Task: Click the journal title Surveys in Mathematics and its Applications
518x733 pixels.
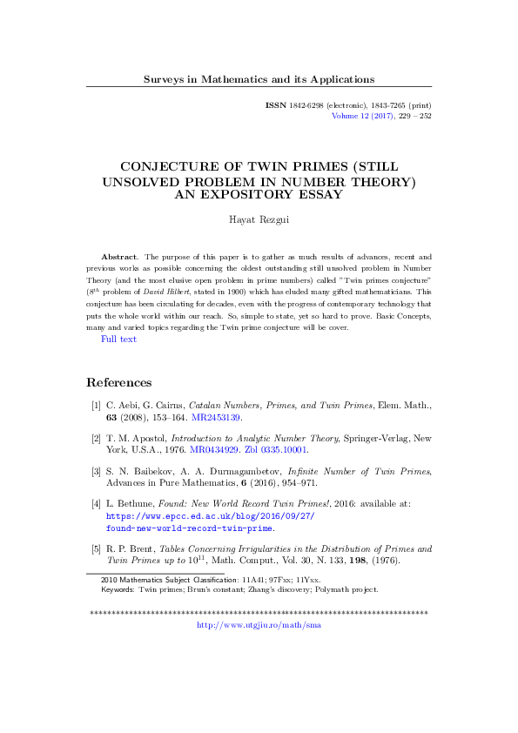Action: point(259,79)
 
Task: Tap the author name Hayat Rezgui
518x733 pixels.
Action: point(259,222)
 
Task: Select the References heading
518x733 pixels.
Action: point(118,382)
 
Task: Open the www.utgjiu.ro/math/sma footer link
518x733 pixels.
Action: point(259,625)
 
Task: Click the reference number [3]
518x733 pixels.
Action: point(95,471)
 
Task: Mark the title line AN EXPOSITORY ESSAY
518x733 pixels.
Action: point(259,194)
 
